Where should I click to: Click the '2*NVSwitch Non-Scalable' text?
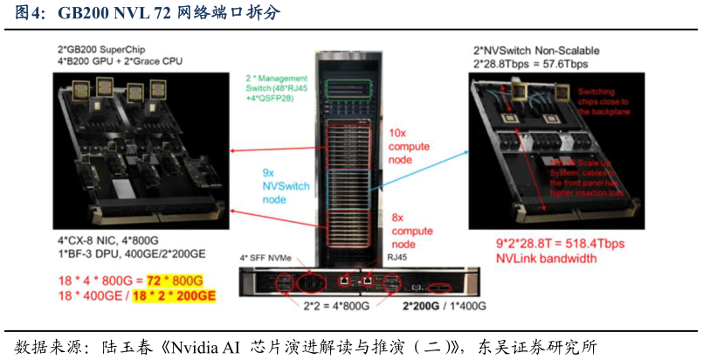536,51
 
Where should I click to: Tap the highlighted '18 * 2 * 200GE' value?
172,296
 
